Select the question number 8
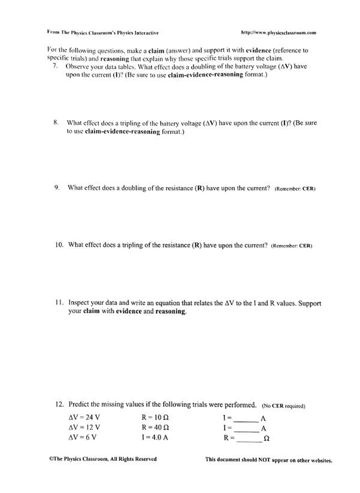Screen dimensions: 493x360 coord(56,122)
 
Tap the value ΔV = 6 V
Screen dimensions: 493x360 coord(83,437)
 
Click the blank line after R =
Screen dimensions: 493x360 coord(249,440)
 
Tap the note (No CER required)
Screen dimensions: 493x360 coord(284,406)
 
